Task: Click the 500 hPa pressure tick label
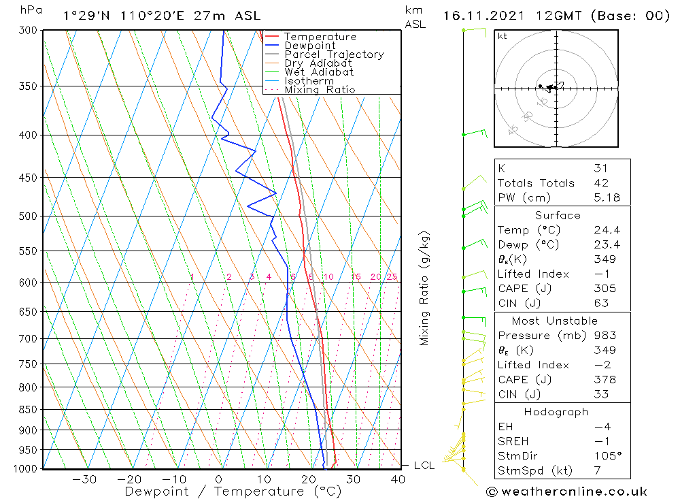(x=29, y=216)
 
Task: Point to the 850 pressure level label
(x=29, y=409)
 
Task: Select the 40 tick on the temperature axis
(x=398, y=479)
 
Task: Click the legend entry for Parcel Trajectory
(x=334, y=54)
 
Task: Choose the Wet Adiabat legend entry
(x=319, y=72)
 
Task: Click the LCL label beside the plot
(x=424, y=466)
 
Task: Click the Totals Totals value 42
(x=601, y=182)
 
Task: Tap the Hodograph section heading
(x=556, y=412)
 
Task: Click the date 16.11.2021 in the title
(x=482, y=15)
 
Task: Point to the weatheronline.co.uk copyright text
(x=566, y=491)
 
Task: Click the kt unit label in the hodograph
(x=502, y=37)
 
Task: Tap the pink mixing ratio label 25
(x=392, y=277)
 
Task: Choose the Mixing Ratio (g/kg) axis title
(x=425, y=288)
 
